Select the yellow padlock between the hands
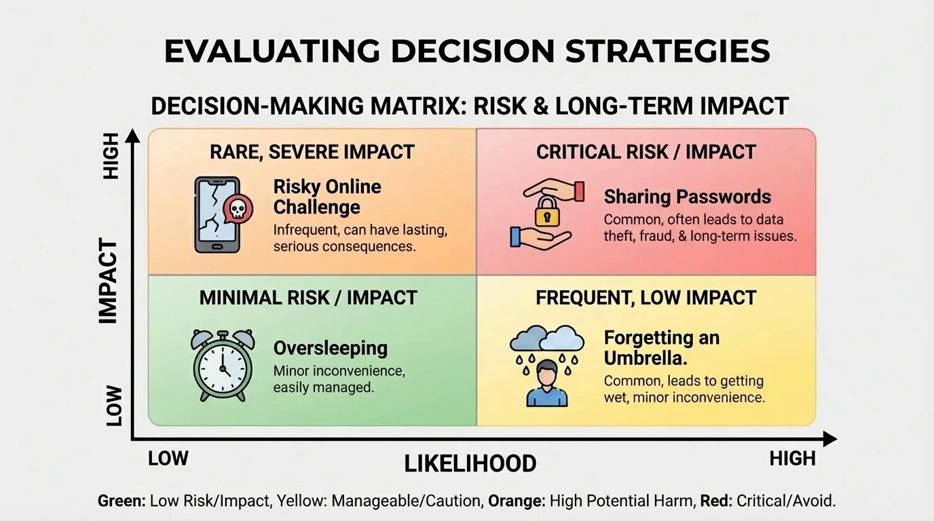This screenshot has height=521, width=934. [544, 212]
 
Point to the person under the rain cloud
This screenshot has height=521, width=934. [546, 384]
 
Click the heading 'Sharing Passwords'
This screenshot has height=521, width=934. [687, 197]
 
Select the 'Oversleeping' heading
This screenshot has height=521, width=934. [330, 348]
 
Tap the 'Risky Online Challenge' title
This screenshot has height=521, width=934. [327, 197]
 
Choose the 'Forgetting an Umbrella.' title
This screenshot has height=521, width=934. [661, 347]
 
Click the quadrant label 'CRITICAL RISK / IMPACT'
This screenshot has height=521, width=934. [646, 152]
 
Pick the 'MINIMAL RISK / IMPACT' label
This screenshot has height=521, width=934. [308, 297]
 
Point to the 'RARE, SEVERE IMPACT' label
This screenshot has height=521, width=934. [312, 152]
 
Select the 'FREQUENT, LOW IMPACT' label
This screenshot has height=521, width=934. [646, 297]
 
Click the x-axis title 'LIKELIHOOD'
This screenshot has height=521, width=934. [470, 464]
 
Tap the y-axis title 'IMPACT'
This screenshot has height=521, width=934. [109, 281]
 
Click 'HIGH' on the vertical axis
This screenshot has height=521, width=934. [111, 156]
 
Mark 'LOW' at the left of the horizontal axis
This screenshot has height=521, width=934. [168, 459]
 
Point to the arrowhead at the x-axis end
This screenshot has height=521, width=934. [829, 440]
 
